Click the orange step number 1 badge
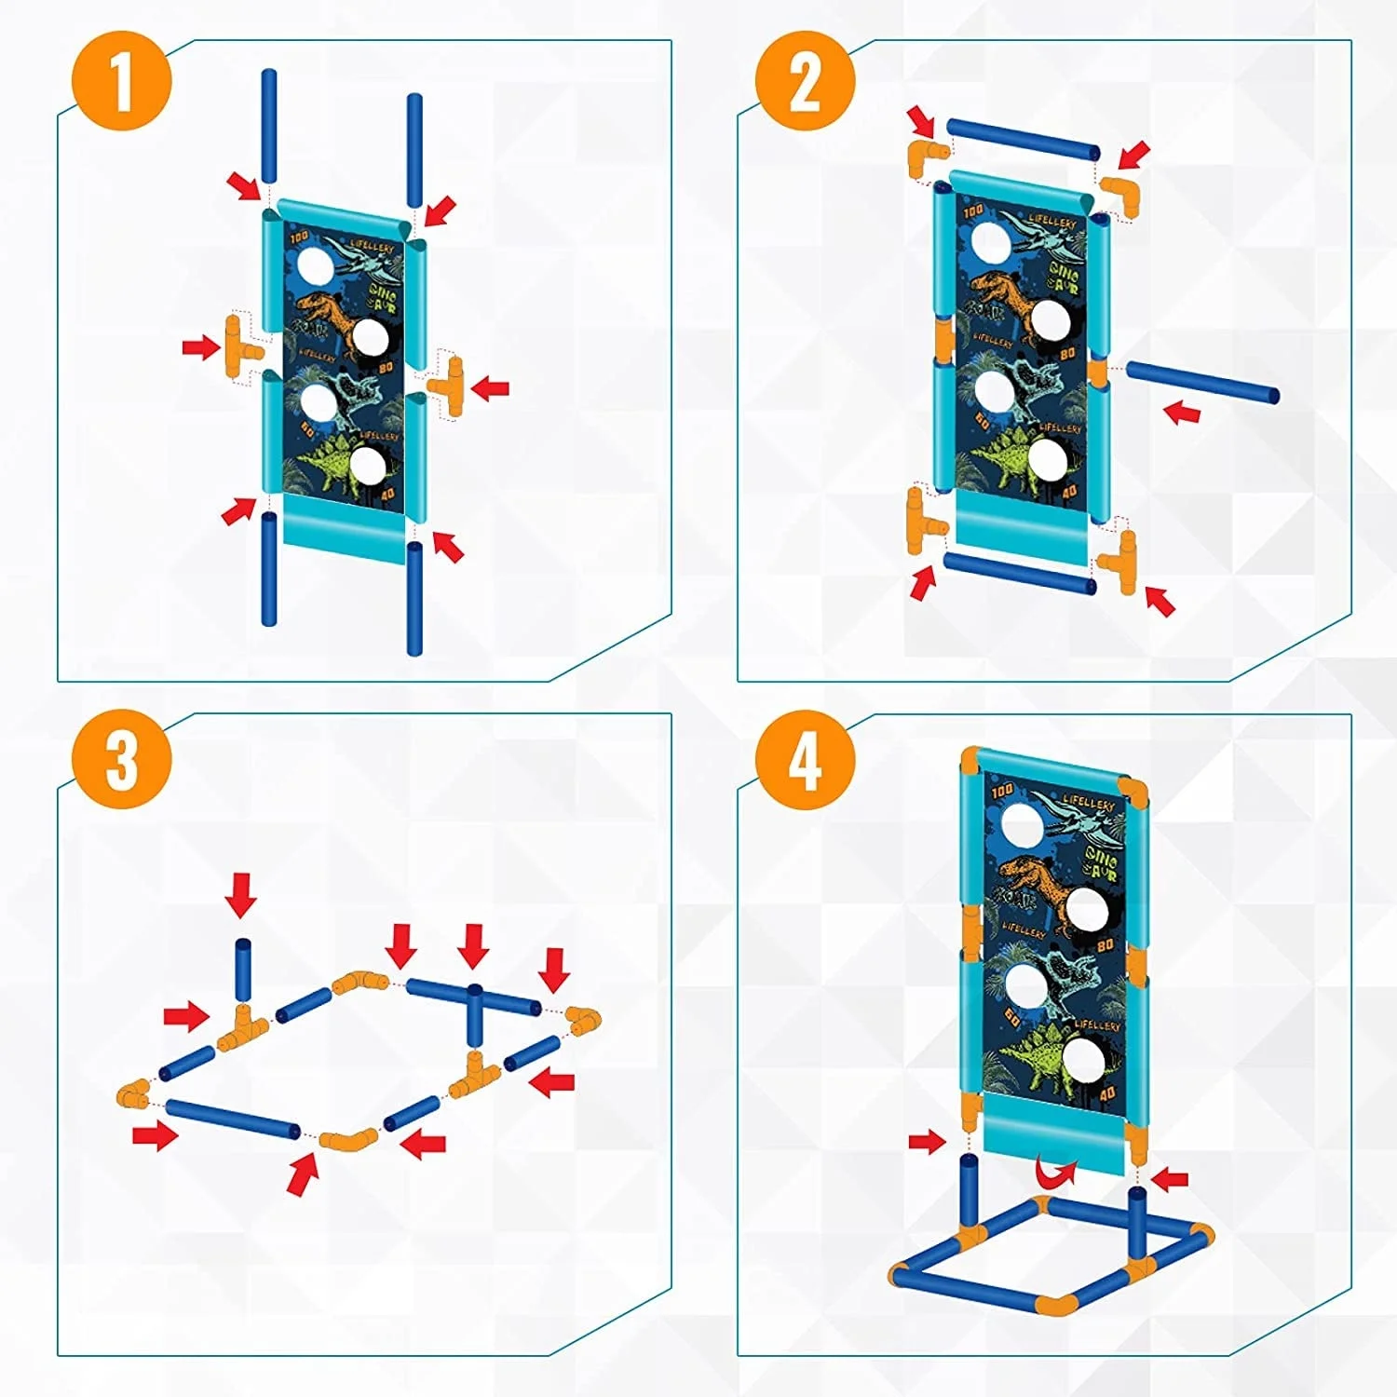[122, 81]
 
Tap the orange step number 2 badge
[805, 81]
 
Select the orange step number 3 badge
[122, 759]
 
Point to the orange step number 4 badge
[805, 759]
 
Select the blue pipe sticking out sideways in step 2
[1201, 383]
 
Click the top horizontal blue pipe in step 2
[1023, 139]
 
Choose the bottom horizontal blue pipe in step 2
[1020, 572]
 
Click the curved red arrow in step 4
[1055, 1172]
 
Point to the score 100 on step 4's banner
[1002, 792]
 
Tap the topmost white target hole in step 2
[991, 241]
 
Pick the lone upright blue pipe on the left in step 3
[242, 970]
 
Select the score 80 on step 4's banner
[1105, 944]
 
